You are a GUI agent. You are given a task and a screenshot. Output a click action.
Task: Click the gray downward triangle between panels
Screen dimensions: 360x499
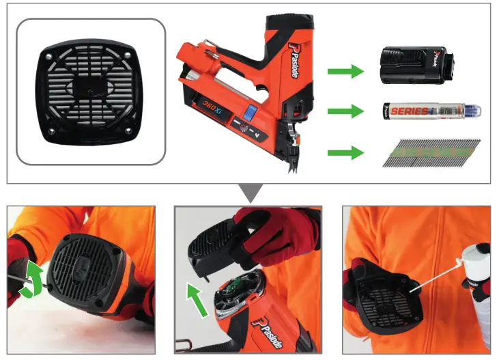pos(251,193)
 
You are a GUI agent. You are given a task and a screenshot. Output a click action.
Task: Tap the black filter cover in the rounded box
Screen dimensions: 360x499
pos(90,92)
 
